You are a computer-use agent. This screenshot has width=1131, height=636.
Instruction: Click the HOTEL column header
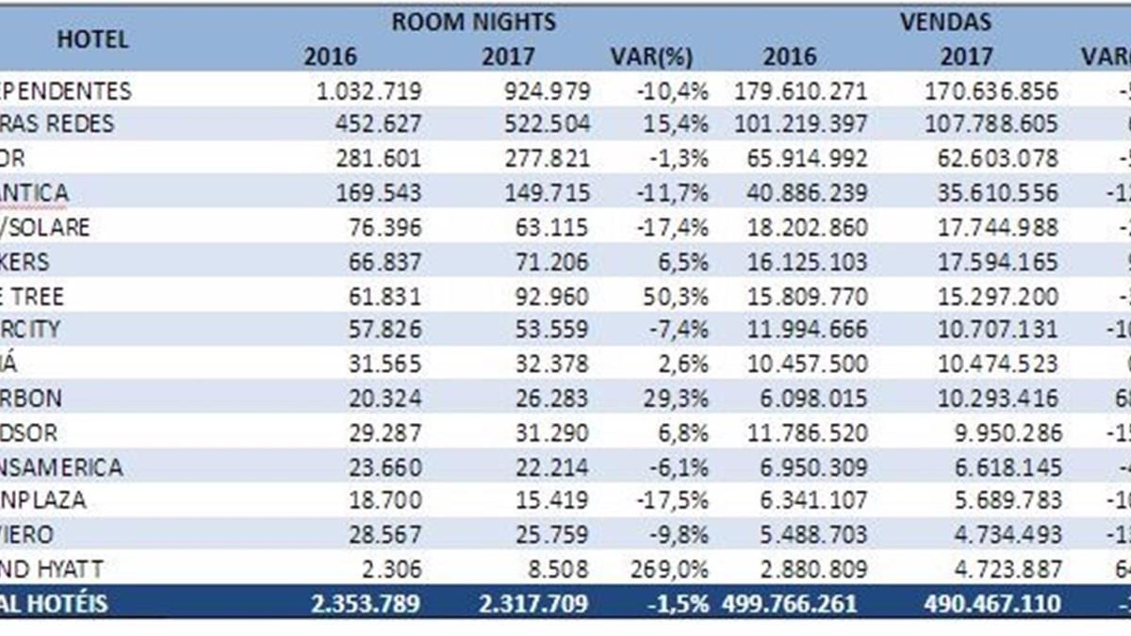coord(92,40)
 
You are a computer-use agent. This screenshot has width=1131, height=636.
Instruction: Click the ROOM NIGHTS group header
coord(474,22)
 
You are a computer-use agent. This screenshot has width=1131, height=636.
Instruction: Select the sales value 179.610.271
coord(798,91)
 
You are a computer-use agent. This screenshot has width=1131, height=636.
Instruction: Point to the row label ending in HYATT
coord(52,569)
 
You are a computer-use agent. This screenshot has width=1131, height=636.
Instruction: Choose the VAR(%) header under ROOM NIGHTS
coord(652,57)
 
